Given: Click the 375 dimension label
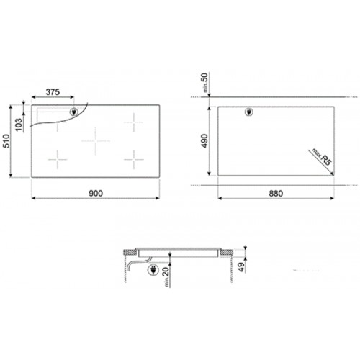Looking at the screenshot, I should coord(52,93).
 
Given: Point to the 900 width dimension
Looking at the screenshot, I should coord(96,192).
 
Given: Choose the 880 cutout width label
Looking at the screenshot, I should coord(276,192).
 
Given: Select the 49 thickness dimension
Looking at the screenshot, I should coord(241,269).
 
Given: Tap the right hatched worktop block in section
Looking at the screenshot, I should coord(225,253).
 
